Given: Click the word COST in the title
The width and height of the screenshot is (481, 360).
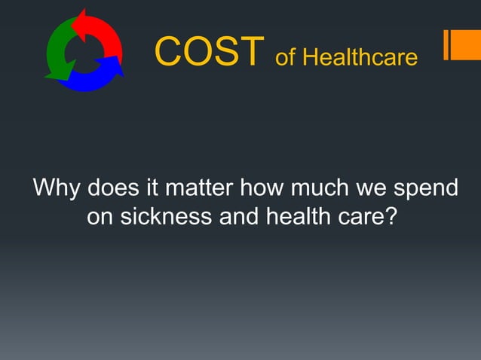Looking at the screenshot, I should (x=210, y=51).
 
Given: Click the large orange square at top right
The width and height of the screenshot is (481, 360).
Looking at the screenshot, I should (x=467, y=44).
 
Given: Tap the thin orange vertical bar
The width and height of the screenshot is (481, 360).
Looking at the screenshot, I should (x=446, y=44).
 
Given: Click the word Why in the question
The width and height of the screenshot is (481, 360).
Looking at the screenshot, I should (x=56, y=187).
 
